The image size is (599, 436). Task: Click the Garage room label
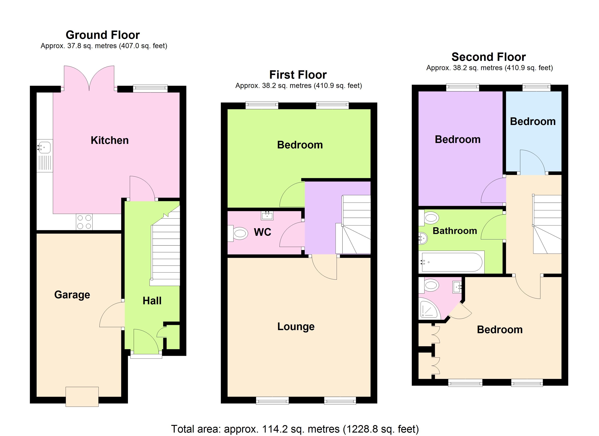72,294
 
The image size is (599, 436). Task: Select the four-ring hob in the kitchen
84,222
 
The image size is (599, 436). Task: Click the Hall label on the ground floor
152,301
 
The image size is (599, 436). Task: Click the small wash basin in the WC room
267,216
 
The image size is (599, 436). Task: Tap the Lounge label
296,326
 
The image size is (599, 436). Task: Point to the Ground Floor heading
103,35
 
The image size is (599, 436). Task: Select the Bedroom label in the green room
300,145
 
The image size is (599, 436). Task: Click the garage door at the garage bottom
82,397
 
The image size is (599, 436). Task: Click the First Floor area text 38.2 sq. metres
298,86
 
